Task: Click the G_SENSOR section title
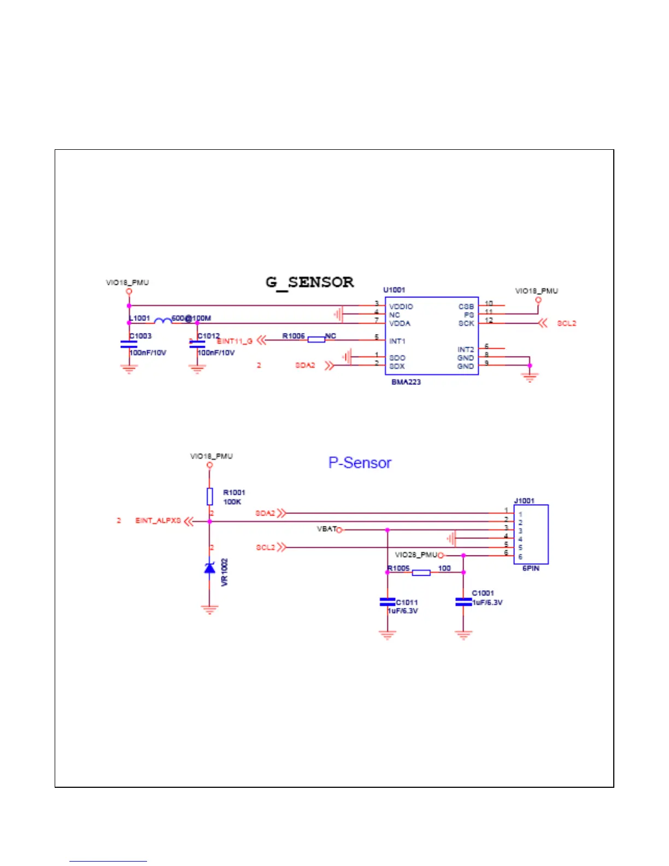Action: [x=309, y=282]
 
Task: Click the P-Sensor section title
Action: [x=360, y=463]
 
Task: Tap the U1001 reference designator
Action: [x=394, y=290]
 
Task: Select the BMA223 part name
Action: [x=406, y=382]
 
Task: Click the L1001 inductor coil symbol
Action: [x=162, y=321]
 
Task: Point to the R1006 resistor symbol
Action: [x=316, y=340]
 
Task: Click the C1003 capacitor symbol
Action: [x=128, y=344]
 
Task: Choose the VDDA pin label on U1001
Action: [x=400, y=323]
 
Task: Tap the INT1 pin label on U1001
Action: [x=397, y=341]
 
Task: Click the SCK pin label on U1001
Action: [x=466, y=323]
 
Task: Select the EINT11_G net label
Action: [x=234, y=341]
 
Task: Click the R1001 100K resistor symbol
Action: [x=210, y=496]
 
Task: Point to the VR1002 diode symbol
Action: [x=209, y=567]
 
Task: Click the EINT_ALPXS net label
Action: [x=158, y=520]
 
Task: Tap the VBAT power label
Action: [x=326, y=529]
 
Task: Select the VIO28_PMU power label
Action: [x=416, y=555]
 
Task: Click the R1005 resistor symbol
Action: [x=421, y=572]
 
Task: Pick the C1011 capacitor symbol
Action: [x=388, y=602]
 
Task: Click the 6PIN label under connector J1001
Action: [x=531, y=569]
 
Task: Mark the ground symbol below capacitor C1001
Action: [x=463, y=635]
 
